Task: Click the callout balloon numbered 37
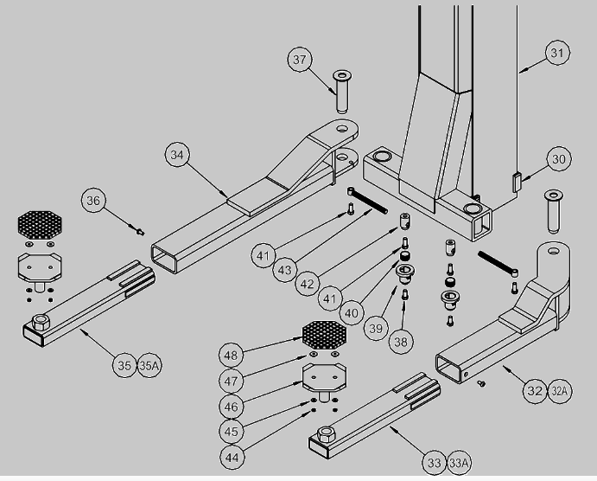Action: click(x=300, y=60)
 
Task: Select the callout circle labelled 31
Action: click(x=557, y=53)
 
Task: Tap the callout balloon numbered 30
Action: click(x=558, y=159)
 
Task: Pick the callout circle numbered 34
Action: click(x=177, y=155)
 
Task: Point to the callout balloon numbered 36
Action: click(x=93, y=201)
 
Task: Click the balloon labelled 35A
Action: click(x=149, y=366)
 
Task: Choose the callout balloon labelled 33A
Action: click(x=459, y=463)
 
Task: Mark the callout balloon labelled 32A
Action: click(x=559, y=391)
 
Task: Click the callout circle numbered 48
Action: click(x=231, y=356)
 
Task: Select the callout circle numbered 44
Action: click(x=232, y=457)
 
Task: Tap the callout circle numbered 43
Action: click(x=285, y=270)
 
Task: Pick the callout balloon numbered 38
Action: click(x=401, y=342)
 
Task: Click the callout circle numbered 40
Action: click(x=351, y=313)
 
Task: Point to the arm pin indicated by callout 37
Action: click(x=342, y=92)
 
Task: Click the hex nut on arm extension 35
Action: click(x=41, y=323)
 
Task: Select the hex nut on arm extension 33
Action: click(x=326, y=434)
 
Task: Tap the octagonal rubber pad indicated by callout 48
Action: click(x=324, y=334)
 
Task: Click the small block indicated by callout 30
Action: click(x=517, y=183)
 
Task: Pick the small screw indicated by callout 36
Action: click(x=141, y=231)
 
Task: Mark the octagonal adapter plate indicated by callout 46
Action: click(x=324, y=377)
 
